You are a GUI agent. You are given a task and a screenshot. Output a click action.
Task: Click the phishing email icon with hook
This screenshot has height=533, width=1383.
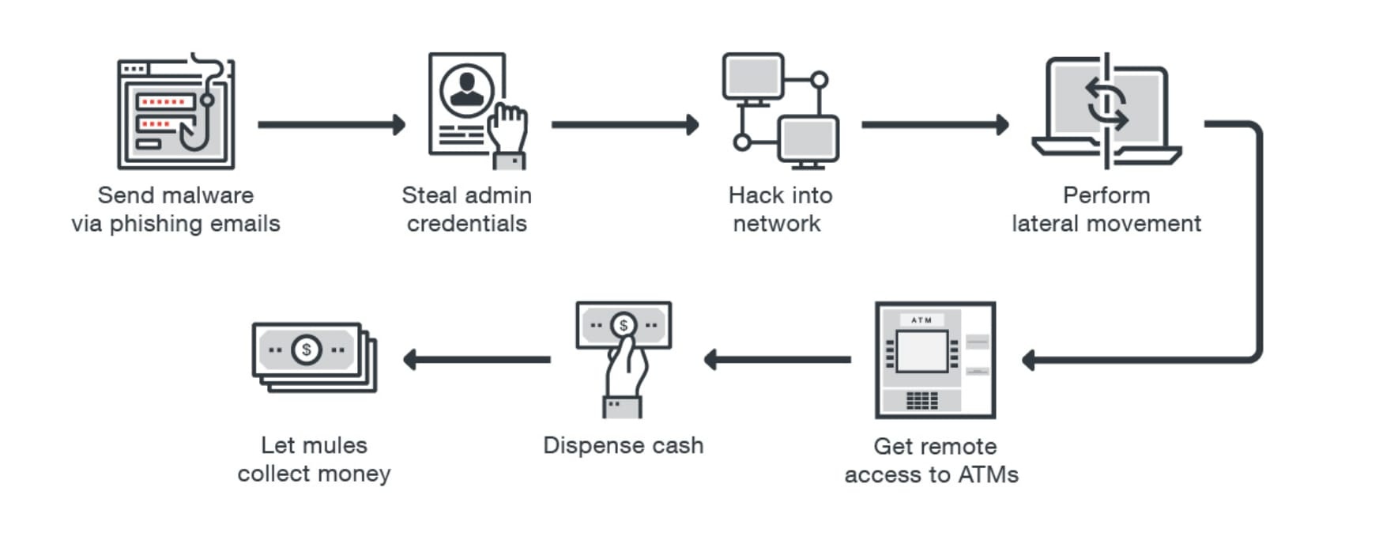click(x=175, y=112)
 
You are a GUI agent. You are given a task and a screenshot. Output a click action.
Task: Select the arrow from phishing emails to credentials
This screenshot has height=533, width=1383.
click(x=330, y=124)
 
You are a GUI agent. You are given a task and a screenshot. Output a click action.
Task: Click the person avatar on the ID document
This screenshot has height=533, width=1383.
click(x=467, y=89)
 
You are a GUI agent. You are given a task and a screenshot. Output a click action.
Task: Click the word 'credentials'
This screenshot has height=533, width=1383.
click(x=466, y=224)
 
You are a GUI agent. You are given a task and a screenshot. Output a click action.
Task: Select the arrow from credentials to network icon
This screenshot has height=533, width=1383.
click(x=624, y=124)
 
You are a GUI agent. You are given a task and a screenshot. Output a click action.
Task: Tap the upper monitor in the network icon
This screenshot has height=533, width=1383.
click(x=752, y=77)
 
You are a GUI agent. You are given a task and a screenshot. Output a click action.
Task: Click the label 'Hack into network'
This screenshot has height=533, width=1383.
click(x=779, y=210)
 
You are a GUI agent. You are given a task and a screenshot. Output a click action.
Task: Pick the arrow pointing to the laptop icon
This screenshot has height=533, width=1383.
click(x=934, y=124)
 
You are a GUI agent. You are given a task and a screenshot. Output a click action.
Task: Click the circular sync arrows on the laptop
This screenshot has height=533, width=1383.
click(x=1106, y=104)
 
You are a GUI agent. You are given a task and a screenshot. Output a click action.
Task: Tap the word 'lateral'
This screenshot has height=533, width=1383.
click(x=1046, y=224)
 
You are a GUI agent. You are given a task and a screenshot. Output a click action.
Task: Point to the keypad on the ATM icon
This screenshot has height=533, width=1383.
click(x=921, y=400)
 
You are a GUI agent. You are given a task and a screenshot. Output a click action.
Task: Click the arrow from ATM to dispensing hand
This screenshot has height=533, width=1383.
click(x=778, y=359)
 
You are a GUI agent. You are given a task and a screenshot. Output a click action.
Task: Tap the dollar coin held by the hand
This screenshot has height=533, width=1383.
click(x=624, y=325)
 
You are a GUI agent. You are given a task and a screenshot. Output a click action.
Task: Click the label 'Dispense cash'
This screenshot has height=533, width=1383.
click(x=623, y=445)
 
